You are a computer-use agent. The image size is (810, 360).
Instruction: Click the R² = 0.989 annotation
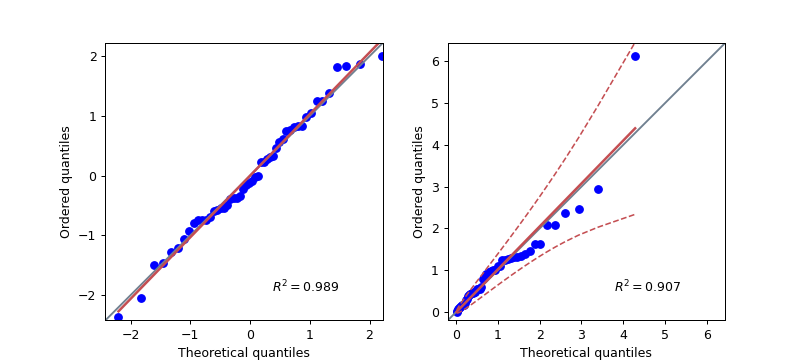(305, 287)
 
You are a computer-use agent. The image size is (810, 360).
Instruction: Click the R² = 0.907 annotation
(647, 287)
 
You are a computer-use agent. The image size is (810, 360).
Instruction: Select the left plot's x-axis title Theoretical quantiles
(244, 352)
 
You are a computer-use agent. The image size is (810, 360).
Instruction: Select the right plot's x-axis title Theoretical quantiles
(586, 352)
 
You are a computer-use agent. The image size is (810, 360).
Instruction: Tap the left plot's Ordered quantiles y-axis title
(66, 181)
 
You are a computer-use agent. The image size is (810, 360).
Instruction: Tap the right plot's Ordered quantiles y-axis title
(419, 181)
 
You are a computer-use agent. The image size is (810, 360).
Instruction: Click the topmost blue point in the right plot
(635, 56)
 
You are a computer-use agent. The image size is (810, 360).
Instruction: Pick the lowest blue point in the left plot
(119, 318)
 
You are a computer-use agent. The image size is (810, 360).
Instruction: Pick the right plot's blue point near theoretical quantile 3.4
(598, 189)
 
